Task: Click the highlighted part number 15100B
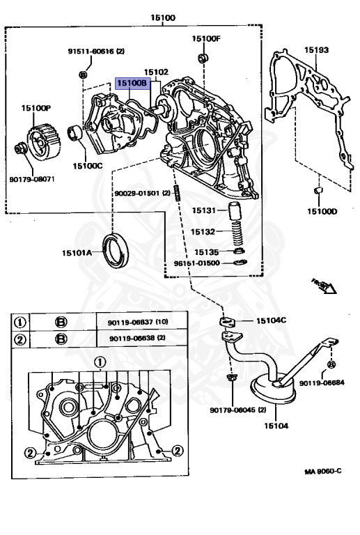tap(133, 84)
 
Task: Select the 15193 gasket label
tap(316, 51)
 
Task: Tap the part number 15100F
tap(205, 38)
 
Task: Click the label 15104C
tap(271, 321)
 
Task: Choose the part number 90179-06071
tap(32, 179)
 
